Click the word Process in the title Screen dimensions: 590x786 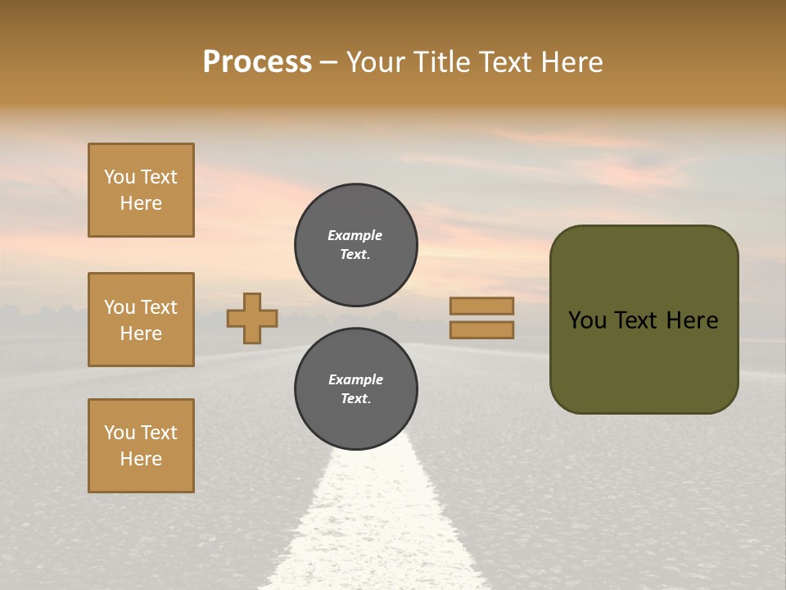click(x=257, y=62)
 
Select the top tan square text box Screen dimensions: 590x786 click(x=141, y=190)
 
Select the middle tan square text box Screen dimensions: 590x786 click(x=141, y=320)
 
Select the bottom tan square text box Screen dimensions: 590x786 click(x=141, y=446)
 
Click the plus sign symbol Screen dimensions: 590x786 click(x=252, y=318)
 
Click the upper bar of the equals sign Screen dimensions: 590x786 click(x=481, y=306)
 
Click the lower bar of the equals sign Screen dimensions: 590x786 click(x=481, y=330)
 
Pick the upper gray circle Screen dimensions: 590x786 click(x=356, y=245)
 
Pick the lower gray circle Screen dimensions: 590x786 click(x=356, y=389)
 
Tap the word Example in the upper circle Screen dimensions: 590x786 click(x=355, y=235)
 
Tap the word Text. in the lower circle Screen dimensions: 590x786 click(x=355, y=399)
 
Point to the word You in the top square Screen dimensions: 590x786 click(x=120, y=177)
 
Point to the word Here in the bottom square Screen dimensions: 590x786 click(x=141, y=459)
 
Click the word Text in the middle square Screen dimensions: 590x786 click(x=158, y=307)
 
